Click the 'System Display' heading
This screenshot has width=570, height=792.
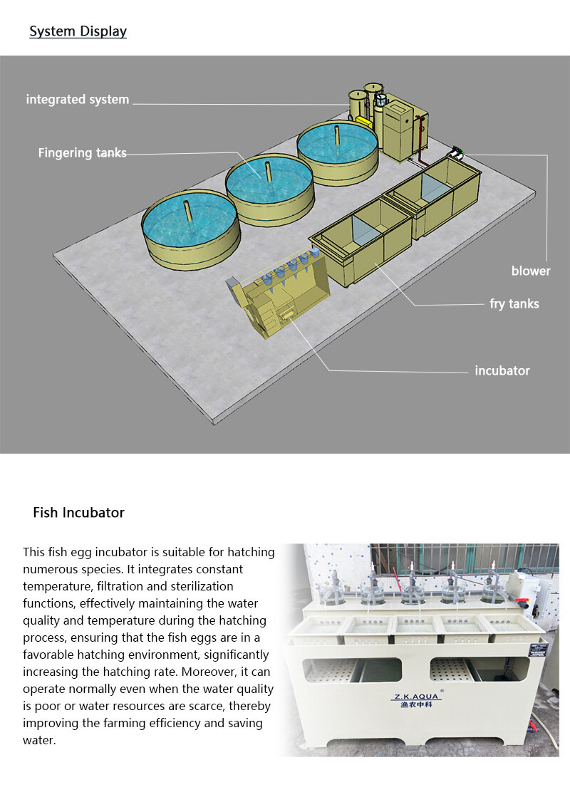[78, 31]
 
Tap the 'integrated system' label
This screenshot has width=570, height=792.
[78, 100]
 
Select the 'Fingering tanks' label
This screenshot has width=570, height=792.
[83, 152]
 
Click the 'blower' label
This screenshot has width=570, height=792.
[531, 271]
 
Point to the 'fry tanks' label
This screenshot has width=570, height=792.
[514, 303]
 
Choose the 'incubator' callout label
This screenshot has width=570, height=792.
[502, 371]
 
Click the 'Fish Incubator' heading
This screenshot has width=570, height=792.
[78, 513]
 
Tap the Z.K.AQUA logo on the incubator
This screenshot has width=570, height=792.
[416, 700]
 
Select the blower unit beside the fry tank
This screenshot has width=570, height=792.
[458, 152]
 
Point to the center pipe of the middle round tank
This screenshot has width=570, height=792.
[269, 171]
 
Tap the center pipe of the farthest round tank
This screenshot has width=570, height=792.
[336, 135]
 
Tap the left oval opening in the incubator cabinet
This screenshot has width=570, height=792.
[352, 670]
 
